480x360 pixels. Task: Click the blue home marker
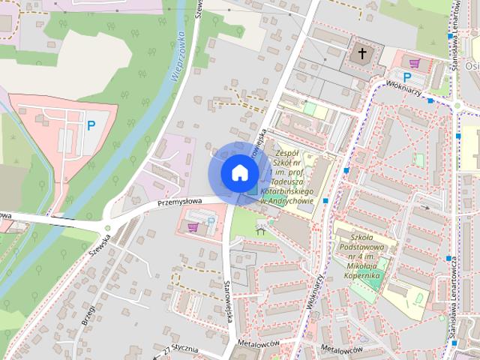point(238,172)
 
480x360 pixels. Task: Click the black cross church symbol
point(363,54)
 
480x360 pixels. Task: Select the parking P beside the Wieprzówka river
point(91,126)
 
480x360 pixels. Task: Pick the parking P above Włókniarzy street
point(407,76)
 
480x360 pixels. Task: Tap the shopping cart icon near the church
point(415,61)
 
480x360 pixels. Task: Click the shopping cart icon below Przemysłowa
point(193,226)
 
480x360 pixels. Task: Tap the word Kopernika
point(363,276)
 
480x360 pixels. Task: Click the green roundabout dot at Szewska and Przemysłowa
point(108,227)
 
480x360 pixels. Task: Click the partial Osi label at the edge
point(472,66)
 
